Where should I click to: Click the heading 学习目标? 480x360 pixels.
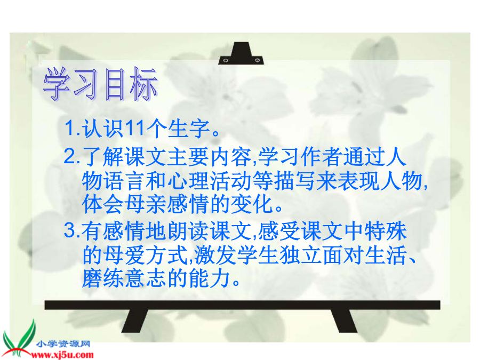[100, 84]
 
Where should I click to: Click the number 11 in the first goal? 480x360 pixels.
[135, 128]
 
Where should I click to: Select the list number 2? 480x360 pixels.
[70, 156]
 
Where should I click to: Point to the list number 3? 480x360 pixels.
[70, 230]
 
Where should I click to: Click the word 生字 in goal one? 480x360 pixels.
[188, 129]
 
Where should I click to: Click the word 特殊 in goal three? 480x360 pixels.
[386, 231]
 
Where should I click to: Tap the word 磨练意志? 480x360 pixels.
[124, 278]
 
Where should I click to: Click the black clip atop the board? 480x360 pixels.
[241, 53]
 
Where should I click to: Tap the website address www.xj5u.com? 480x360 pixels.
[62, 355]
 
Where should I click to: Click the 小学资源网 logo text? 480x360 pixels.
[63, 344]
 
